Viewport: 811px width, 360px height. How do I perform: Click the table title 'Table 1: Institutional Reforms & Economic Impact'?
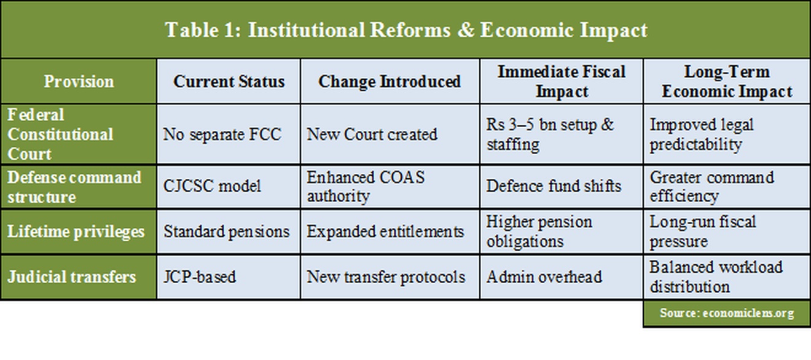coord(405,30)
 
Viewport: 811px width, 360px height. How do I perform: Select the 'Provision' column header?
coord(79,81)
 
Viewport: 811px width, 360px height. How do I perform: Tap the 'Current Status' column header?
coord(229,81)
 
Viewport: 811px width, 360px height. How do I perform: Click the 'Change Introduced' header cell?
coord(390,81)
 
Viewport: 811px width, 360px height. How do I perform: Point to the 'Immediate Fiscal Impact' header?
coord(561,81)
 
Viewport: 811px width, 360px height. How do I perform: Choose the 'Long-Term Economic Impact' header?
coord(727,81)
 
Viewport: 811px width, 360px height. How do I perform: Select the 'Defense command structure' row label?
coord(74,187)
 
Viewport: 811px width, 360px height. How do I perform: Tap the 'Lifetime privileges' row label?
coord(76,232)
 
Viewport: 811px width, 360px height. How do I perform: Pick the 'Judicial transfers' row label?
coord(72,276)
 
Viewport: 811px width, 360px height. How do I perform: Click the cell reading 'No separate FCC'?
coord(222,134)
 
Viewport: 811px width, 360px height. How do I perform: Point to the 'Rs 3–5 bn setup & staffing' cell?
coord(550,134)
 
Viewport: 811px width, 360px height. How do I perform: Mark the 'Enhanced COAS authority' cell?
coord(366,187)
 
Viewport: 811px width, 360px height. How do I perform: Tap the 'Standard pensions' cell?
coord(226,232)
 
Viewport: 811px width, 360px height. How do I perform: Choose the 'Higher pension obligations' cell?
coord(539,232)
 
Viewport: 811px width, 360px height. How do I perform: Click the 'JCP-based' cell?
coord(199,276)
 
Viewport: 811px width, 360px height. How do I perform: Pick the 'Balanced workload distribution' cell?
coord(716,276)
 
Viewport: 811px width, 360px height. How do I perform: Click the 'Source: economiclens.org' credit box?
coord(727,313)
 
